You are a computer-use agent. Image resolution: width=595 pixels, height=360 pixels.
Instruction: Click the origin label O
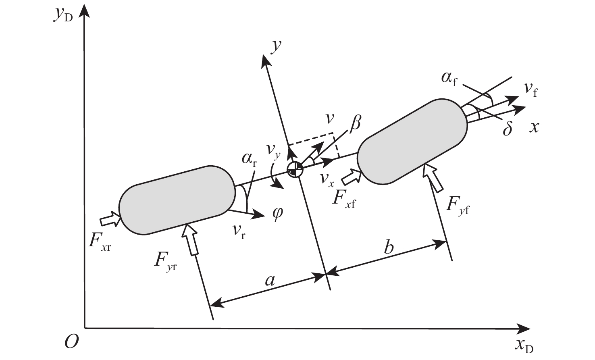point(71,341)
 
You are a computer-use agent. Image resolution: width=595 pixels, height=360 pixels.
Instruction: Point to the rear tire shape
point(177,200)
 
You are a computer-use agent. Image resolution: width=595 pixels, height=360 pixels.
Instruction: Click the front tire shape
point(412,141)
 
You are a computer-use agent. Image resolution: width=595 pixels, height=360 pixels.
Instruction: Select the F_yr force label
point(165,261)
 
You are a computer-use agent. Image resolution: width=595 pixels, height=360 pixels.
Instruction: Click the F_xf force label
point(344,198)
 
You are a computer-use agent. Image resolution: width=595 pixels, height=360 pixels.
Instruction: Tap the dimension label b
point(388,246)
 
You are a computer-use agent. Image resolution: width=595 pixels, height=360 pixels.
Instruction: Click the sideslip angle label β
point(355,124)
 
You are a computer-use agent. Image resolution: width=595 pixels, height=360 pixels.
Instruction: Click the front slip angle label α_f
point(449,77)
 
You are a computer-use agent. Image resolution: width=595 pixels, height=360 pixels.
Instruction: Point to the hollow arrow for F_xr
point(110,220)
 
